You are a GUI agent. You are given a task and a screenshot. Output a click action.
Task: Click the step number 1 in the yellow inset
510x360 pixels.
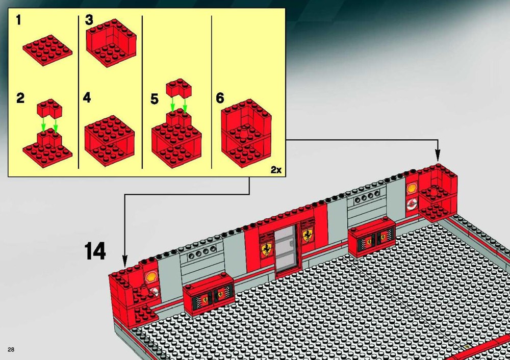[x=18, y=20]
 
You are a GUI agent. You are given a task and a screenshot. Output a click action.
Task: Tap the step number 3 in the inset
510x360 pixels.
[x=89, y=20]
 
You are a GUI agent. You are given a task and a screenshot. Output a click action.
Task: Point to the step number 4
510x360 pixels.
[x=87, y=97]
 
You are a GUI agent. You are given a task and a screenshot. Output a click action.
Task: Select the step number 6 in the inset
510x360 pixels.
[x=220, y=98]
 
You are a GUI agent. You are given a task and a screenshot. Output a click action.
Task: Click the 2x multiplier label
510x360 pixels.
[x=276, y=169]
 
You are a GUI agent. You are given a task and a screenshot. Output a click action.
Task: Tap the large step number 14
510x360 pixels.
[x=95, y=251]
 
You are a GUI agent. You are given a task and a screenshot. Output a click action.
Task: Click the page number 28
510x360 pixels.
[x=11, y=350]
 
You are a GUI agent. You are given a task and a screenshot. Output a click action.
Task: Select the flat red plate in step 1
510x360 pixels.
[x=47, y=50]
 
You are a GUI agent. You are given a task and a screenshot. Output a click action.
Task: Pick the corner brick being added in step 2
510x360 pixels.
[x=49, y=109]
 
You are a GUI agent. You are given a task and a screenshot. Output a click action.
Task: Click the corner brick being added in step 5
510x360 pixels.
[x=179, y=88]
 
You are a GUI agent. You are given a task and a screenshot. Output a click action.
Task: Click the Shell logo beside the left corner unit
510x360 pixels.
[x=151, y=277]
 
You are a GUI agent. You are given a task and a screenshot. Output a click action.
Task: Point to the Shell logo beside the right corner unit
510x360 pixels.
[x=412, y=188]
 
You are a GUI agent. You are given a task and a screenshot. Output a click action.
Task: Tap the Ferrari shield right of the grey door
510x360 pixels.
[x=308, y=235]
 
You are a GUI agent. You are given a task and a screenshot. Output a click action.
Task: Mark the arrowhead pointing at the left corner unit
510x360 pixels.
[x=124, y=261]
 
